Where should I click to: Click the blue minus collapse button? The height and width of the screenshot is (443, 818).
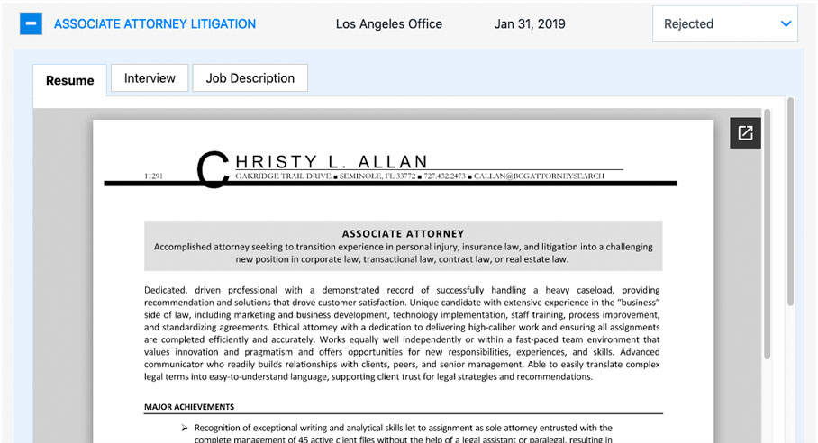pos(31,24)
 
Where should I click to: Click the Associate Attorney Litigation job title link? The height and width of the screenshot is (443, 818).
pos(155,24)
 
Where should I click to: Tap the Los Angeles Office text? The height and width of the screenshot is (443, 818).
pos(389,24)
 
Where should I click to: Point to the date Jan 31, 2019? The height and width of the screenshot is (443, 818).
pos(530,24)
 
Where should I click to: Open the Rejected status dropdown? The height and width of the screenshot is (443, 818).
pos(724,24)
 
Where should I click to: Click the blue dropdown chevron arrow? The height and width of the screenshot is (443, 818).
pos(786,24)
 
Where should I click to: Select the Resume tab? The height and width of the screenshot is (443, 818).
pos(69,80)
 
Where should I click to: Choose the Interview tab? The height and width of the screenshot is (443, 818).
pos(150,78)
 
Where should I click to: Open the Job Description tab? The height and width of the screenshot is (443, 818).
pos(250,78)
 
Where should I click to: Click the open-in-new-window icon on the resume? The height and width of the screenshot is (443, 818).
pos(745,133)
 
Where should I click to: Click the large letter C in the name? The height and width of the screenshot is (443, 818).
pos(213,168)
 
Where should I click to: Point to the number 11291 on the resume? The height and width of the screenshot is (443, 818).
pos(153,176)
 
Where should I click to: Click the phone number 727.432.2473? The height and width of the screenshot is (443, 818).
pos(443,176)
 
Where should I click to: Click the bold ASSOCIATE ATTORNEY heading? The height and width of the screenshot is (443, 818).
pos(403,233)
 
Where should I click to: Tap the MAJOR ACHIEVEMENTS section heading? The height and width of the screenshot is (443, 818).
pos(189,407)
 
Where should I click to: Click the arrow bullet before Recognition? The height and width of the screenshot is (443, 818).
pos(184,429)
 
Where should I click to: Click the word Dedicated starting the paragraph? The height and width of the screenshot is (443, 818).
pos(165,290)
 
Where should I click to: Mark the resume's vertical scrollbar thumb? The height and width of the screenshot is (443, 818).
pos(767,234)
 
